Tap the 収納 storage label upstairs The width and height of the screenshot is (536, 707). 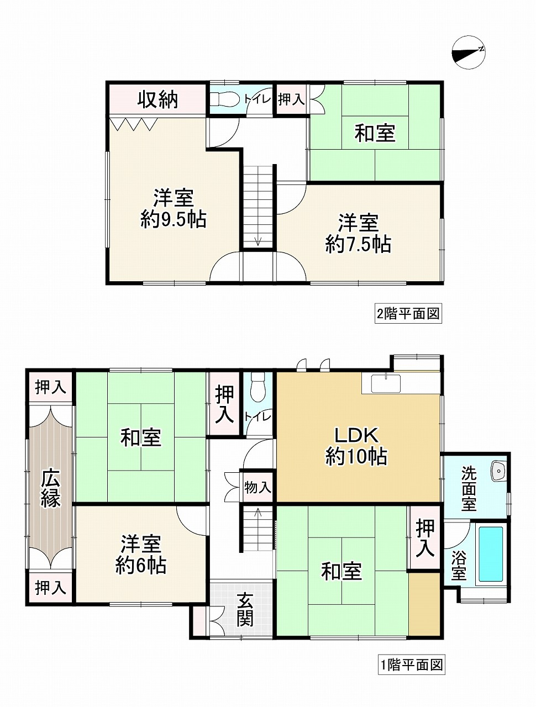157,99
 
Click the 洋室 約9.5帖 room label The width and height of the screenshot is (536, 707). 173,208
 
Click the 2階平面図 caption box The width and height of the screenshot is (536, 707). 408,314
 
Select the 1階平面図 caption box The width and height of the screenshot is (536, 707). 412,664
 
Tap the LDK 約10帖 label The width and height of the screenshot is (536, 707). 356,446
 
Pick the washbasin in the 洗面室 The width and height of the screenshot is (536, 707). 498,471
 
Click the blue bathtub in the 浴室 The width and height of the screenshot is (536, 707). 490,554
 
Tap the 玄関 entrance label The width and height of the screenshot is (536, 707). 245,610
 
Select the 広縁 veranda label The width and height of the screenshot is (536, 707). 50,488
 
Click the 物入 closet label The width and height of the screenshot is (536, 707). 258,488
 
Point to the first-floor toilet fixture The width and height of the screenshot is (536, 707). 258,388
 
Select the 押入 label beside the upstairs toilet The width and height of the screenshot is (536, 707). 291,99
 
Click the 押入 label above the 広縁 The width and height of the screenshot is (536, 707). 50,387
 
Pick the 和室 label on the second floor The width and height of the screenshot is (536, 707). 375,133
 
